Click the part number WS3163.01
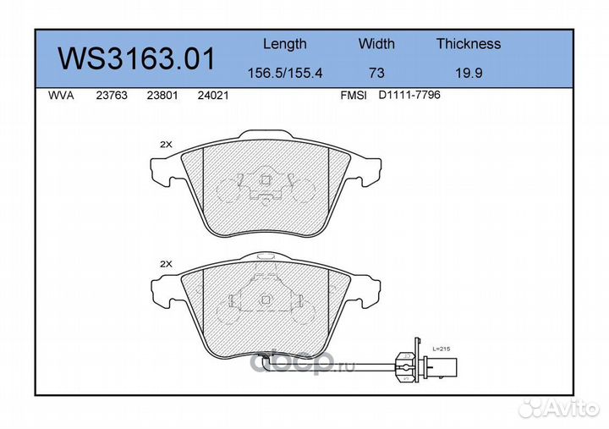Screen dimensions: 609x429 [x=136, y=58]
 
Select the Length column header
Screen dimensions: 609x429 [x=285, y=44]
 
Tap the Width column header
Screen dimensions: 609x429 [x=376, y=43]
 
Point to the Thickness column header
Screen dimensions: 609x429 [x=469, y=43]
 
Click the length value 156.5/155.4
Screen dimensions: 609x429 [x=285, y=73]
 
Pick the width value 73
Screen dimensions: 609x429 [x=376, y=73]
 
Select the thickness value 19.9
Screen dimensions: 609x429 [x=469, y=73]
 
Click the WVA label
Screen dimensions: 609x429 [x=61, y=96]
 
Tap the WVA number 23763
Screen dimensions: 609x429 [x=112, y=96]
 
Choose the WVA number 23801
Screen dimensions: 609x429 [x=162, y=96]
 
